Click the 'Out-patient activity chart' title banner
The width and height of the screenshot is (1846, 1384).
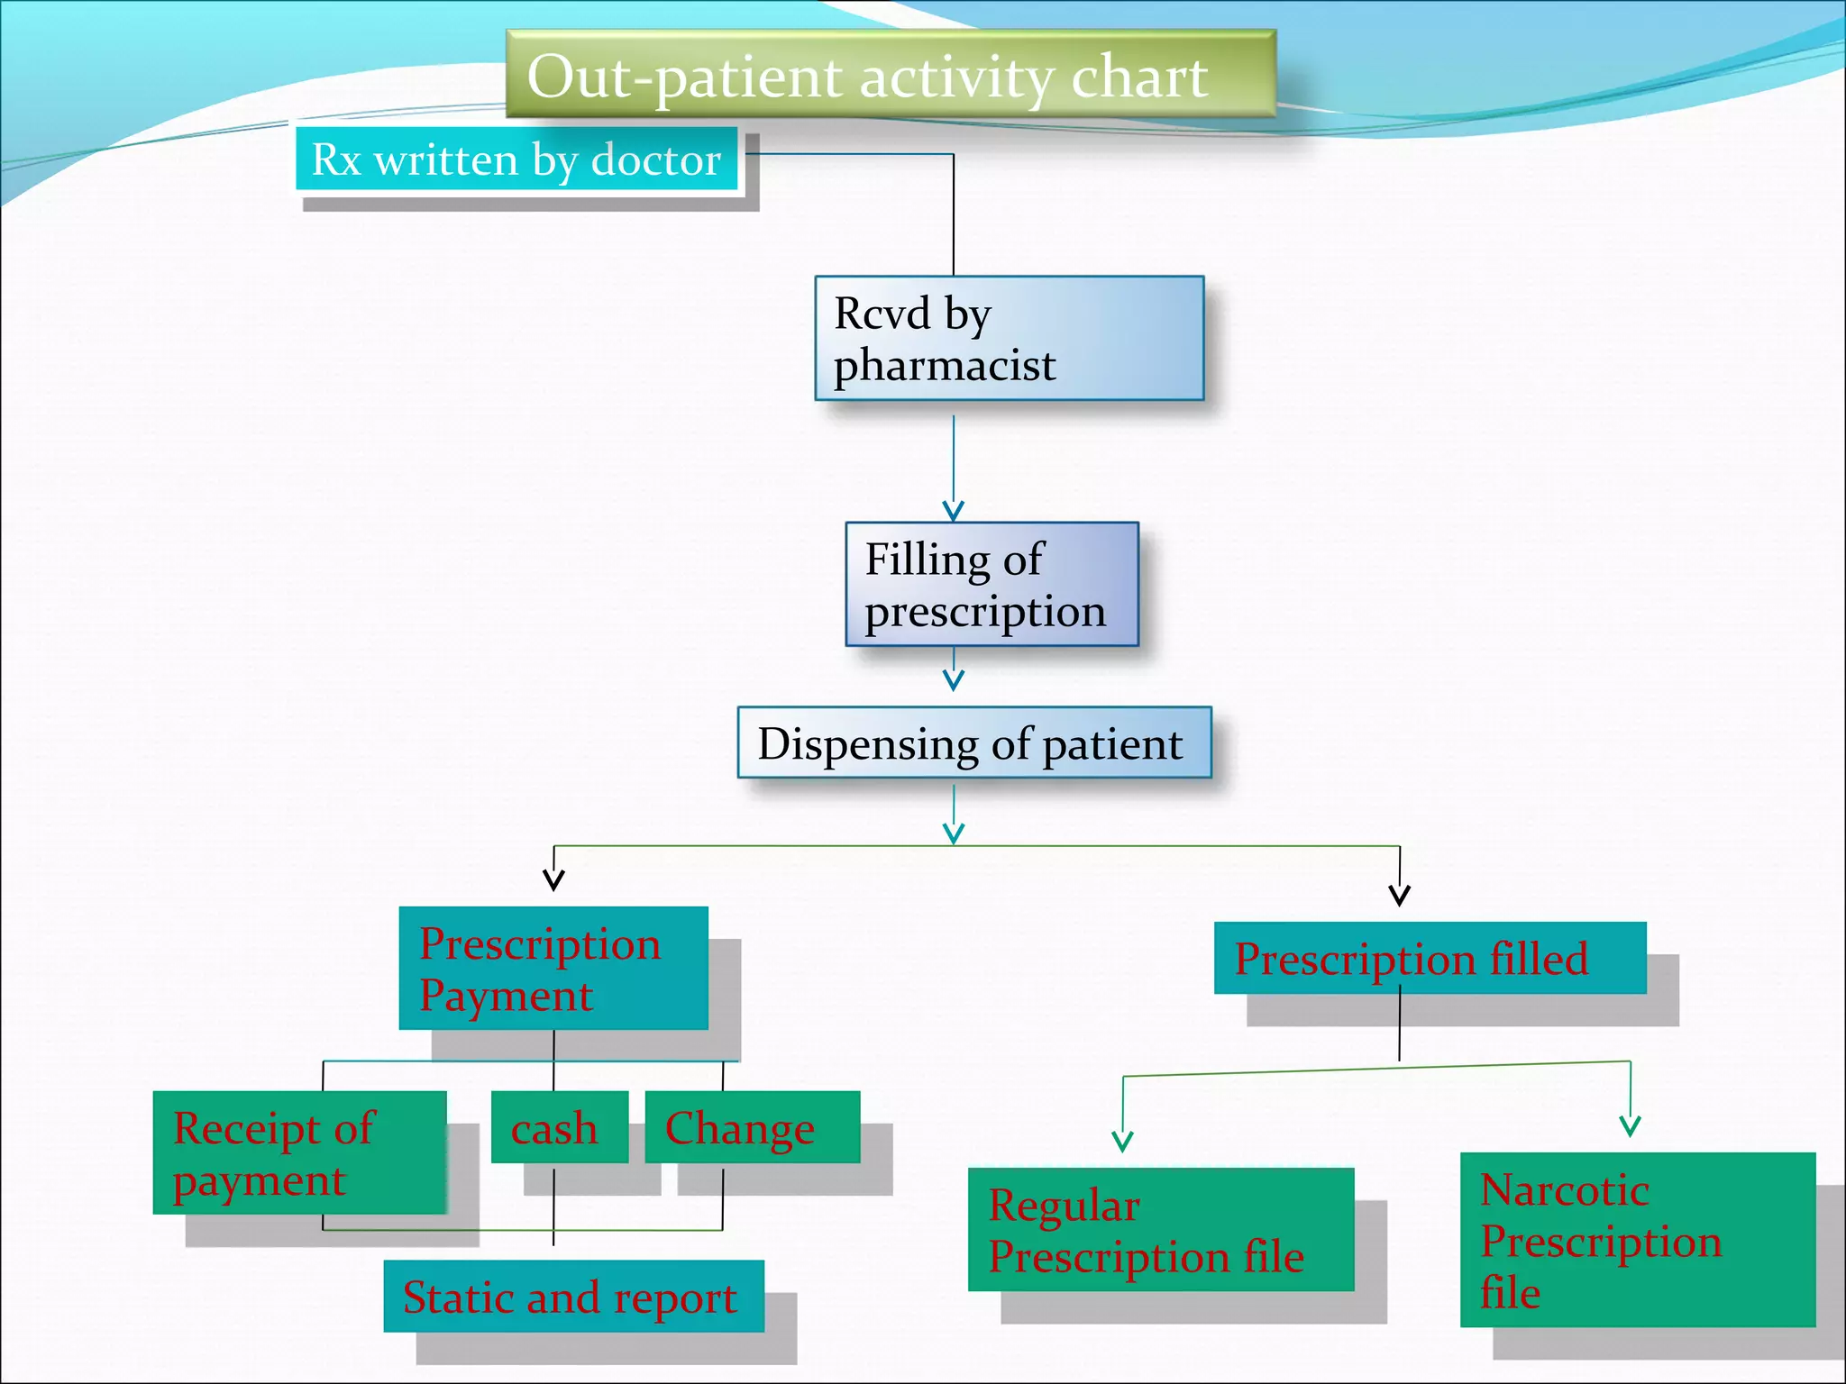891,74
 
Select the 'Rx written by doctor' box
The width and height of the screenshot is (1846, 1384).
516,159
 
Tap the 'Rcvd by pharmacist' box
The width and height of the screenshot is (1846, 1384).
1009,338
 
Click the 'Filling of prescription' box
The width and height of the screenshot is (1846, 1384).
992,584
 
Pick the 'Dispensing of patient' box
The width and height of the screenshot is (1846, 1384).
973,742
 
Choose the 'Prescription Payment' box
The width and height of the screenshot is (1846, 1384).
553,968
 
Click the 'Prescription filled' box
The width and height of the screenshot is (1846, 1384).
1429,958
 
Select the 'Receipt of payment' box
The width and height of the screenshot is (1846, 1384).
299,1152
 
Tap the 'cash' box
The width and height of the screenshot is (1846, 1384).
559,1127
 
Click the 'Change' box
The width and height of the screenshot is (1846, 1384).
752,1127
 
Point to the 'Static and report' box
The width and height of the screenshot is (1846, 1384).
573,1296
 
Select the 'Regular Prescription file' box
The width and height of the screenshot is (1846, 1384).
1160,1230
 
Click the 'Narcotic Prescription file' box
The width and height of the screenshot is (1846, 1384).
1637,1239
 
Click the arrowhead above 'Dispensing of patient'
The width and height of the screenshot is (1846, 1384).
954,680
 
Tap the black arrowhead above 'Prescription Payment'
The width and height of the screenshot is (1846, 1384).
554,880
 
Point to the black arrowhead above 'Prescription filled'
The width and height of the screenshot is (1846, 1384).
1399,896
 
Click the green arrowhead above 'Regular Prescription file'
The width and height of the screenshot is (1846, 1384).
1122,1143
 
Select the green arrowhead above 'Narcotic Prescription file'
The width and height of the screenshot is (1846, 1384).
1630,1126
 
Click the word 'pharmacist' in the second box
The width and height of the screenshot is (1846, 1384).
944,365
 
